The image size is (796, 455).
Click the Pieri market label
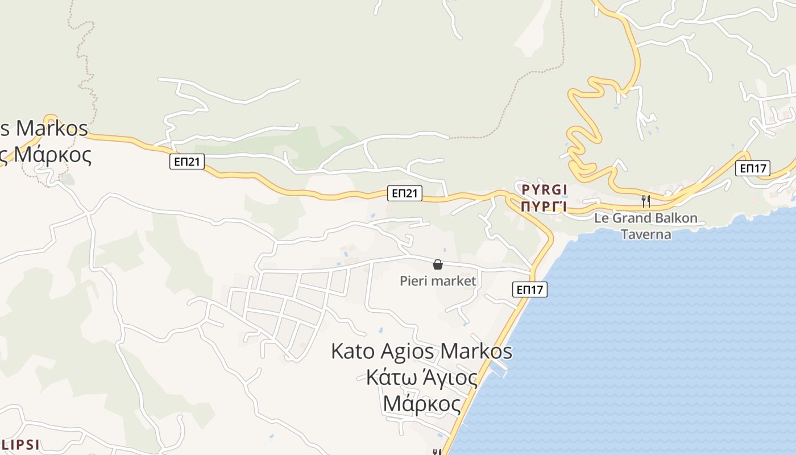pyautogui.click(x=438, y=280)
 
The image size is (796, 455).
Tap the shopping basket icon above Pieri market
pyautogui.click(x=438, y=264)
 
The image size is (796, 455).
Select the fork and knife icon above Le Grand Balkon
pyautogui.click(x=645, y=201)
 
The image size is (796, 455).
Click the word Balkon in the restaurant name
pyautogui.click(x=676, y=218)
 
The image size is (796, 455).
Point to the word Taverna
pyautogui.click(x=646, y=234)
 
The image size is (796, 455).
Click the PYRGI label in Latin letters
pyautogui.click(x=545, y=189)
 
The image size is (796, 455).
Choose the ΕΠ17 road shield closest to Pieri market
pyautogui.click(x=529, y=289)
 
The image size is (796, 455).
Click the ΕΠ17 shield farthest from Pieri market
pyautogui.click(x=753, y=168)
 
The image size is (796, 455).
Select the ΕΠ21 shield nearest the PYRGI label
pyautogui.click(x=405, y=193)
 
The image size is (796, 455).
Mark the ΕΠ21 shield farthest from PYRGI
pyautogui.click(x=187, y=162)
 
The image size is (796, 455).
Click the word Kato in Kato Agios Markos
pyautogui.click(x=353, y=351)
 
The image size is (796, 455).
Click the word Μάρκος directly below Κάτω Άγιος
pyautogui.click(x=421, y=403)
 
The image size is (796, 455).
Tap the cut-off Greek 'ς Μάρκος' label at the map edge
pyautogui.click(x=46, y=155)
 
